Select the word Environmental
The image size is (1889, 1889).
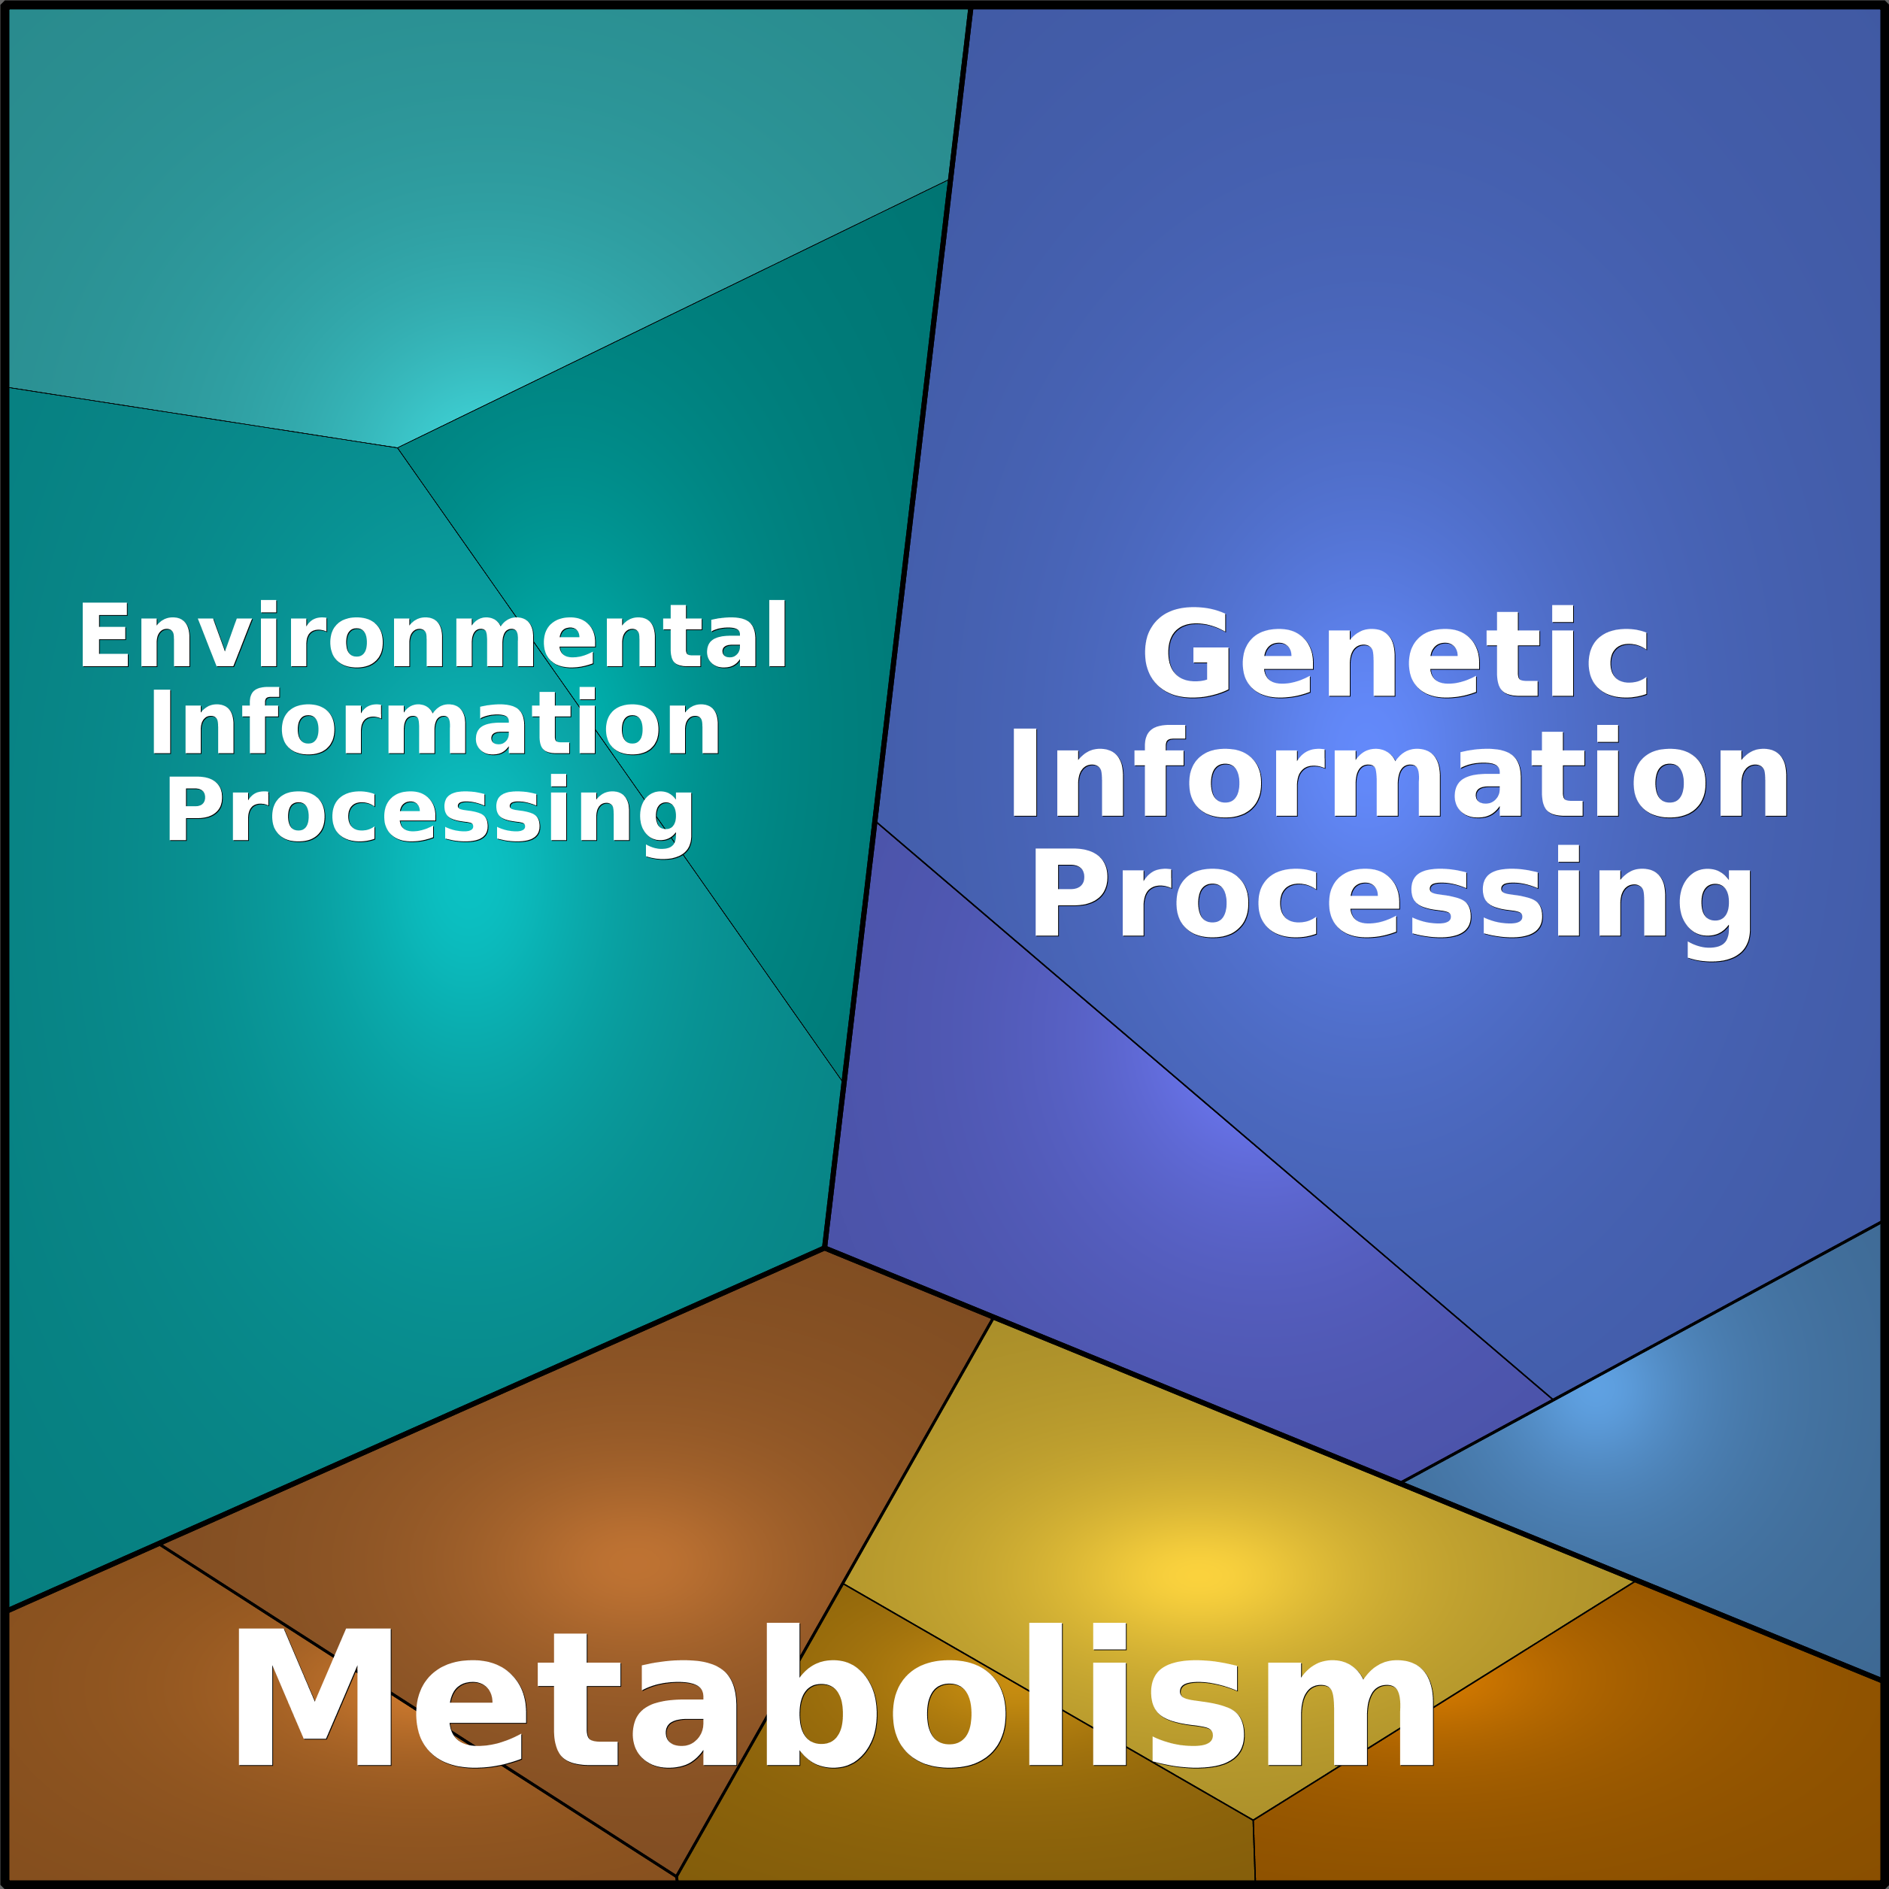(433, 635)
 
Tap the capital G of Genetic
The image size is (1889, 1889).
(1185, 653)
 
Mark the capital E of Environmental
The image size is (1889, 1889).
(104, 635)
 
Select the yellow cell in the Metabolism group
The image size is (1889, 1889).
(1202, 1505)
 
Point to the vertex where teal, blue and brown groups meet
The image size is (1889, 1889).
(824, 1248)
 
